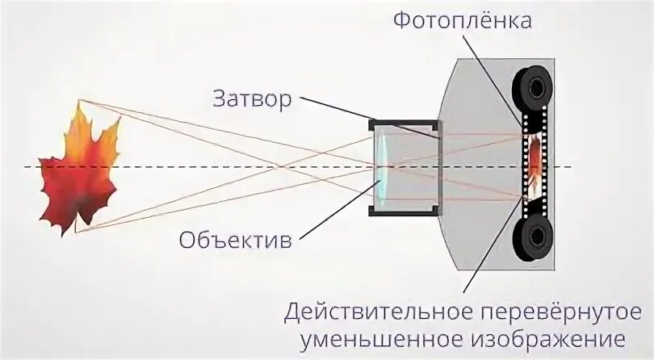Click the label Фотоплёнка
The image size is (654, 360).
point(463,20)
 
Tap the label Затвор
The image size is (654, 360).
point(252,100)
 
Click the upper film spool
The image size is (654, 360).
point(533,86)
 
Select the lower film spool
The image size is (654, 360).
point(533,236)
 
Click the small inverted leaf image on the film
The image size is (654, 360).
point(535,161)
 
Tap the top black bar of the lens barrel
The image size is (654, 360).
point(404,123)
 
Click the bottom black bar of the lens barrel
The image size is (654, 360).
point(404,211)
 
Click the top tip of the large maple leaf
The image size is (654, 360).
point(78,103)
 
